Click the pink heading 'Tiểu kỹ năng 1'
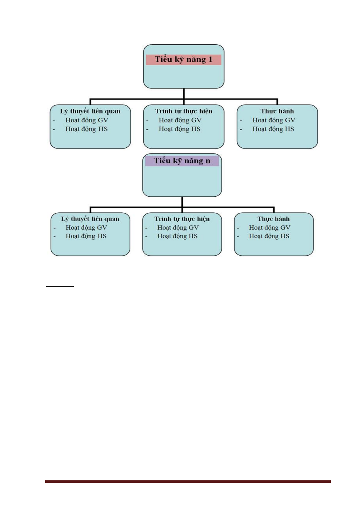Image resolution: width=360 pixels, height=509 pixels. pyautogui.click(x=184, y=60)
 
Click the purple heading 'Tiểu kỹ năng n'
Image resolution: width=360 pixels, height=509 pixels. pyautogui.click(x=182, y=161)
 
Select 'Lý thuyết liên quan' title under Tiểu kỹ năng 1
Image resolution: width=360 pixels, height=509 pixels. pyautogui.click(x=90, y=111)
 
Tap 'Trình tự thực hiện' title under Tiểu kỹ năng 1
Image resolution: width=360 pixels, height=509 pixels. pyautogui.click(x=184, y=111)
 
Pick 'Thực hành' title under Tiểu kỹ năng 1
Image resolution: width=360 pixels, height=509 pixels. pyautogui.click(x=277, y=111)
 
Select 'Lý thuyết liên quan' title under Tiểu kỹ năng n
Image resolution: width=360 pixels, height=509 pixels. pyautogui.click(x=90, y=219)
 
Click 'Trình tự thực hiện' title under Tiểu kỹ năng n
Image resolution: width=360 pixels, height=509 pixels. pyautogui.click(x=182, y=219)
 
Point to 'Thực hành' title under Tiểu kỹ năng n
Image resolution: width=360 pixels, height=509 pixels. pyautogui.click(x=273, y=219)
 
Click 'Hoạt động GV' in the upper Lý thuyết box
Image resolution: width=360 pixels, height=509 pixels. pyautogui.click(x=87, y=120)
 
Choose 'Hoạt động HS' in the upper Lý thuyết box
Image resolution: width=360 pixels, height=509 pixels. pyautogui.click(x=87, y=129)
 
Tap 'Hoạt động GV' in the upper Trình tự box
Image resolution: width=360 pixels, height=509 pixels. pyautogui.click(x=180, y=120)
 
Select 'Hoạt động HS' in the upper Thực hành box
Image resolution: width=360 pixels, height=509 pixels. pyautogui.click(x=273, y=129)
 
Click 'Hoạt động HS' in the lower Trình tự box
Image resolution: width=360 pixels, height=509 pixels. pyautogui.click(x=177, y=236)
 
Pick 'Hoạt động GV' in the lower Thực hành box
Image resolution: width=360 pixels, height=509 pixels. pyautogui.click(x=270, y=228)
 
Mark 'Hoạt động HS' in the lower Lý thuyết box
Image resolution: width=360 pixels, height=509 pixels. pyautogui.click(x=86, y=236)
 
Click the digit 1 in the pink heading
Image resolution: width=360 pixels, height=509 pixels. pyautogui.click(x=210, y=59)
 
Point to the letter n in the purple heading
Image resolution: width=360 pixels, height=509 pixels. pyautogui.click(x=208, y=161)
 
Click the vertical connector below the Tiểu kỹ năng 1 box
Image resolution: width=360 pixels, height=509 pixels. pyautogui.click(x=184, y=94)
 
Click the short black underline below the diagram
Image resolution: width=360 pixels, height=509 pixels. pyautogui.click(x=60, y=287)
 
